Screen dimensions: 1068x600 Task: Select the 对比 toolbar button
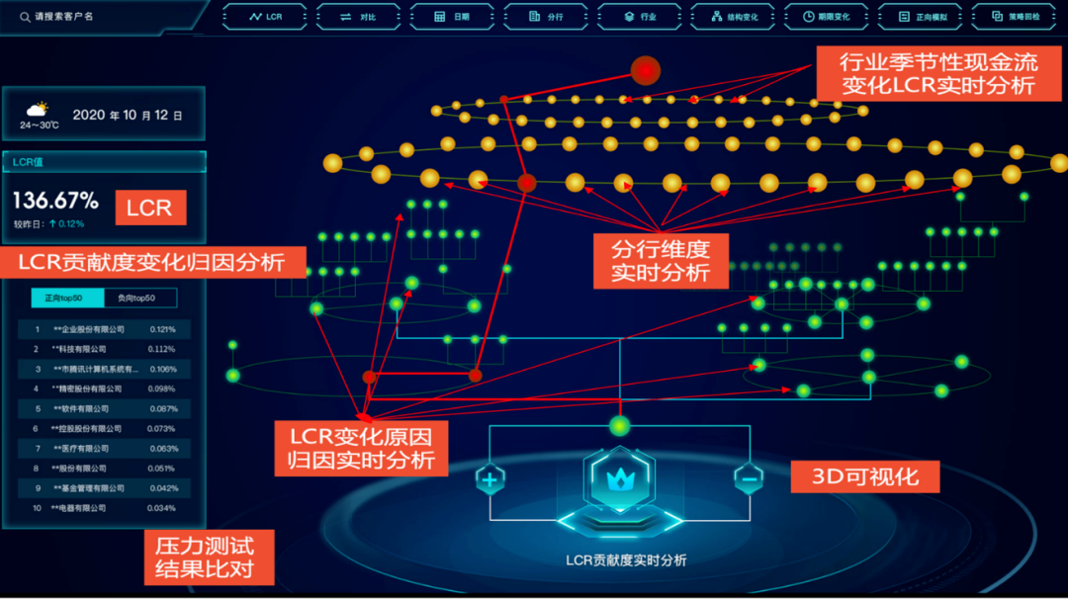[x=359, y=17]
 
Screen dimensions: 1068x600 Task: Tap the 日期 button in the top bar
[x=453, y=17]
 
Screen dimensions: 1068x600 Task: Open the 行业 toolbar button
[x=641, y=17]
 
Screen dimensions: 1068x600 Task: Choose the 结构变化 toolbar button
[x=733, y=17]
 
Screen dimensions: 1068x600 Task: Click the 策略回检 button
[x=1015, y=17]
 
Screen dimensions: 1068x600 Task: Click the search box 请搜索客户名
[x=99, y=16]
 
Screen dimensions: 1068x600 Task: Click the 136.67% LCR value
[x=55, y=201]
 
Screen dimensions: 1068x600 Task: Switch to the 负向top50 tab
[x=140, y=298]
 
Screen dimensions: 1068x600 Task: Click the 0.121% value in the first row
[x=162, y=329]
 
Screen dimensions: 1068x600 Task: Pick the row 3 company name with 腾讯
[x=96, y=369]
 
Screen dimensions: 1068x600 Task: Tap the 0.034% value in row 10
[x=162, y=508]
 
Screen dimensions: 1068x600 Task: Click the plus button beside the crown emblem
[x=489, y=481]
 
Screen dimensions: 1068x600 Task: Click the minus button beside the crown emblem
[x=749, y=480]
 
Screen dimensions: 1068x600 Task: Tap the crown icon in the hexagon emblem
[x=619, y=481]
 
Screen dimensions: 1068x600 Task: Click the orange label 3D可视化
[x=865, y=476]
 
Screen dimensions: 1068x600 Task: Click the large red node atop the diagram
[x=645, y=70]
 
